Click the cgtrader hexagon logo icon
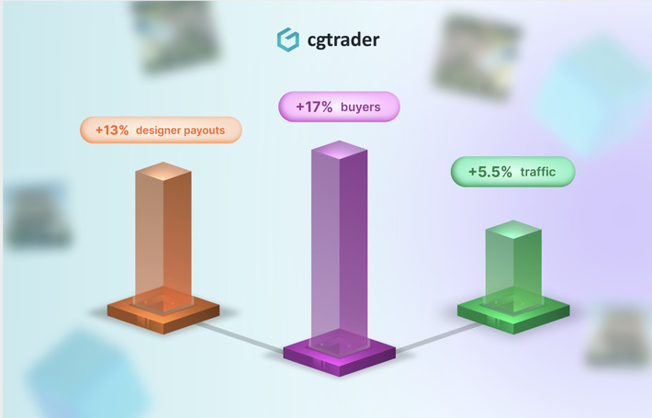point(288,40)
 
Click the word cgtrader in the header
point(339,40)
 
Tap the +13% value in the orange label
point(112,130)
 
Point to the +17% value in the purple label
point(314,107)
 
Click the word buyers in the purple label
point(360,107)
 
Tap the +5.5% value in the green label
point(490,172)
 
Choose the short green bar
point(512,266)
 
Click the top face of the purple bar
point(339,150)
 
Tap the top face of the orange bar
point(163,171)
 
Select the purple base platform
point(339,353)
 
